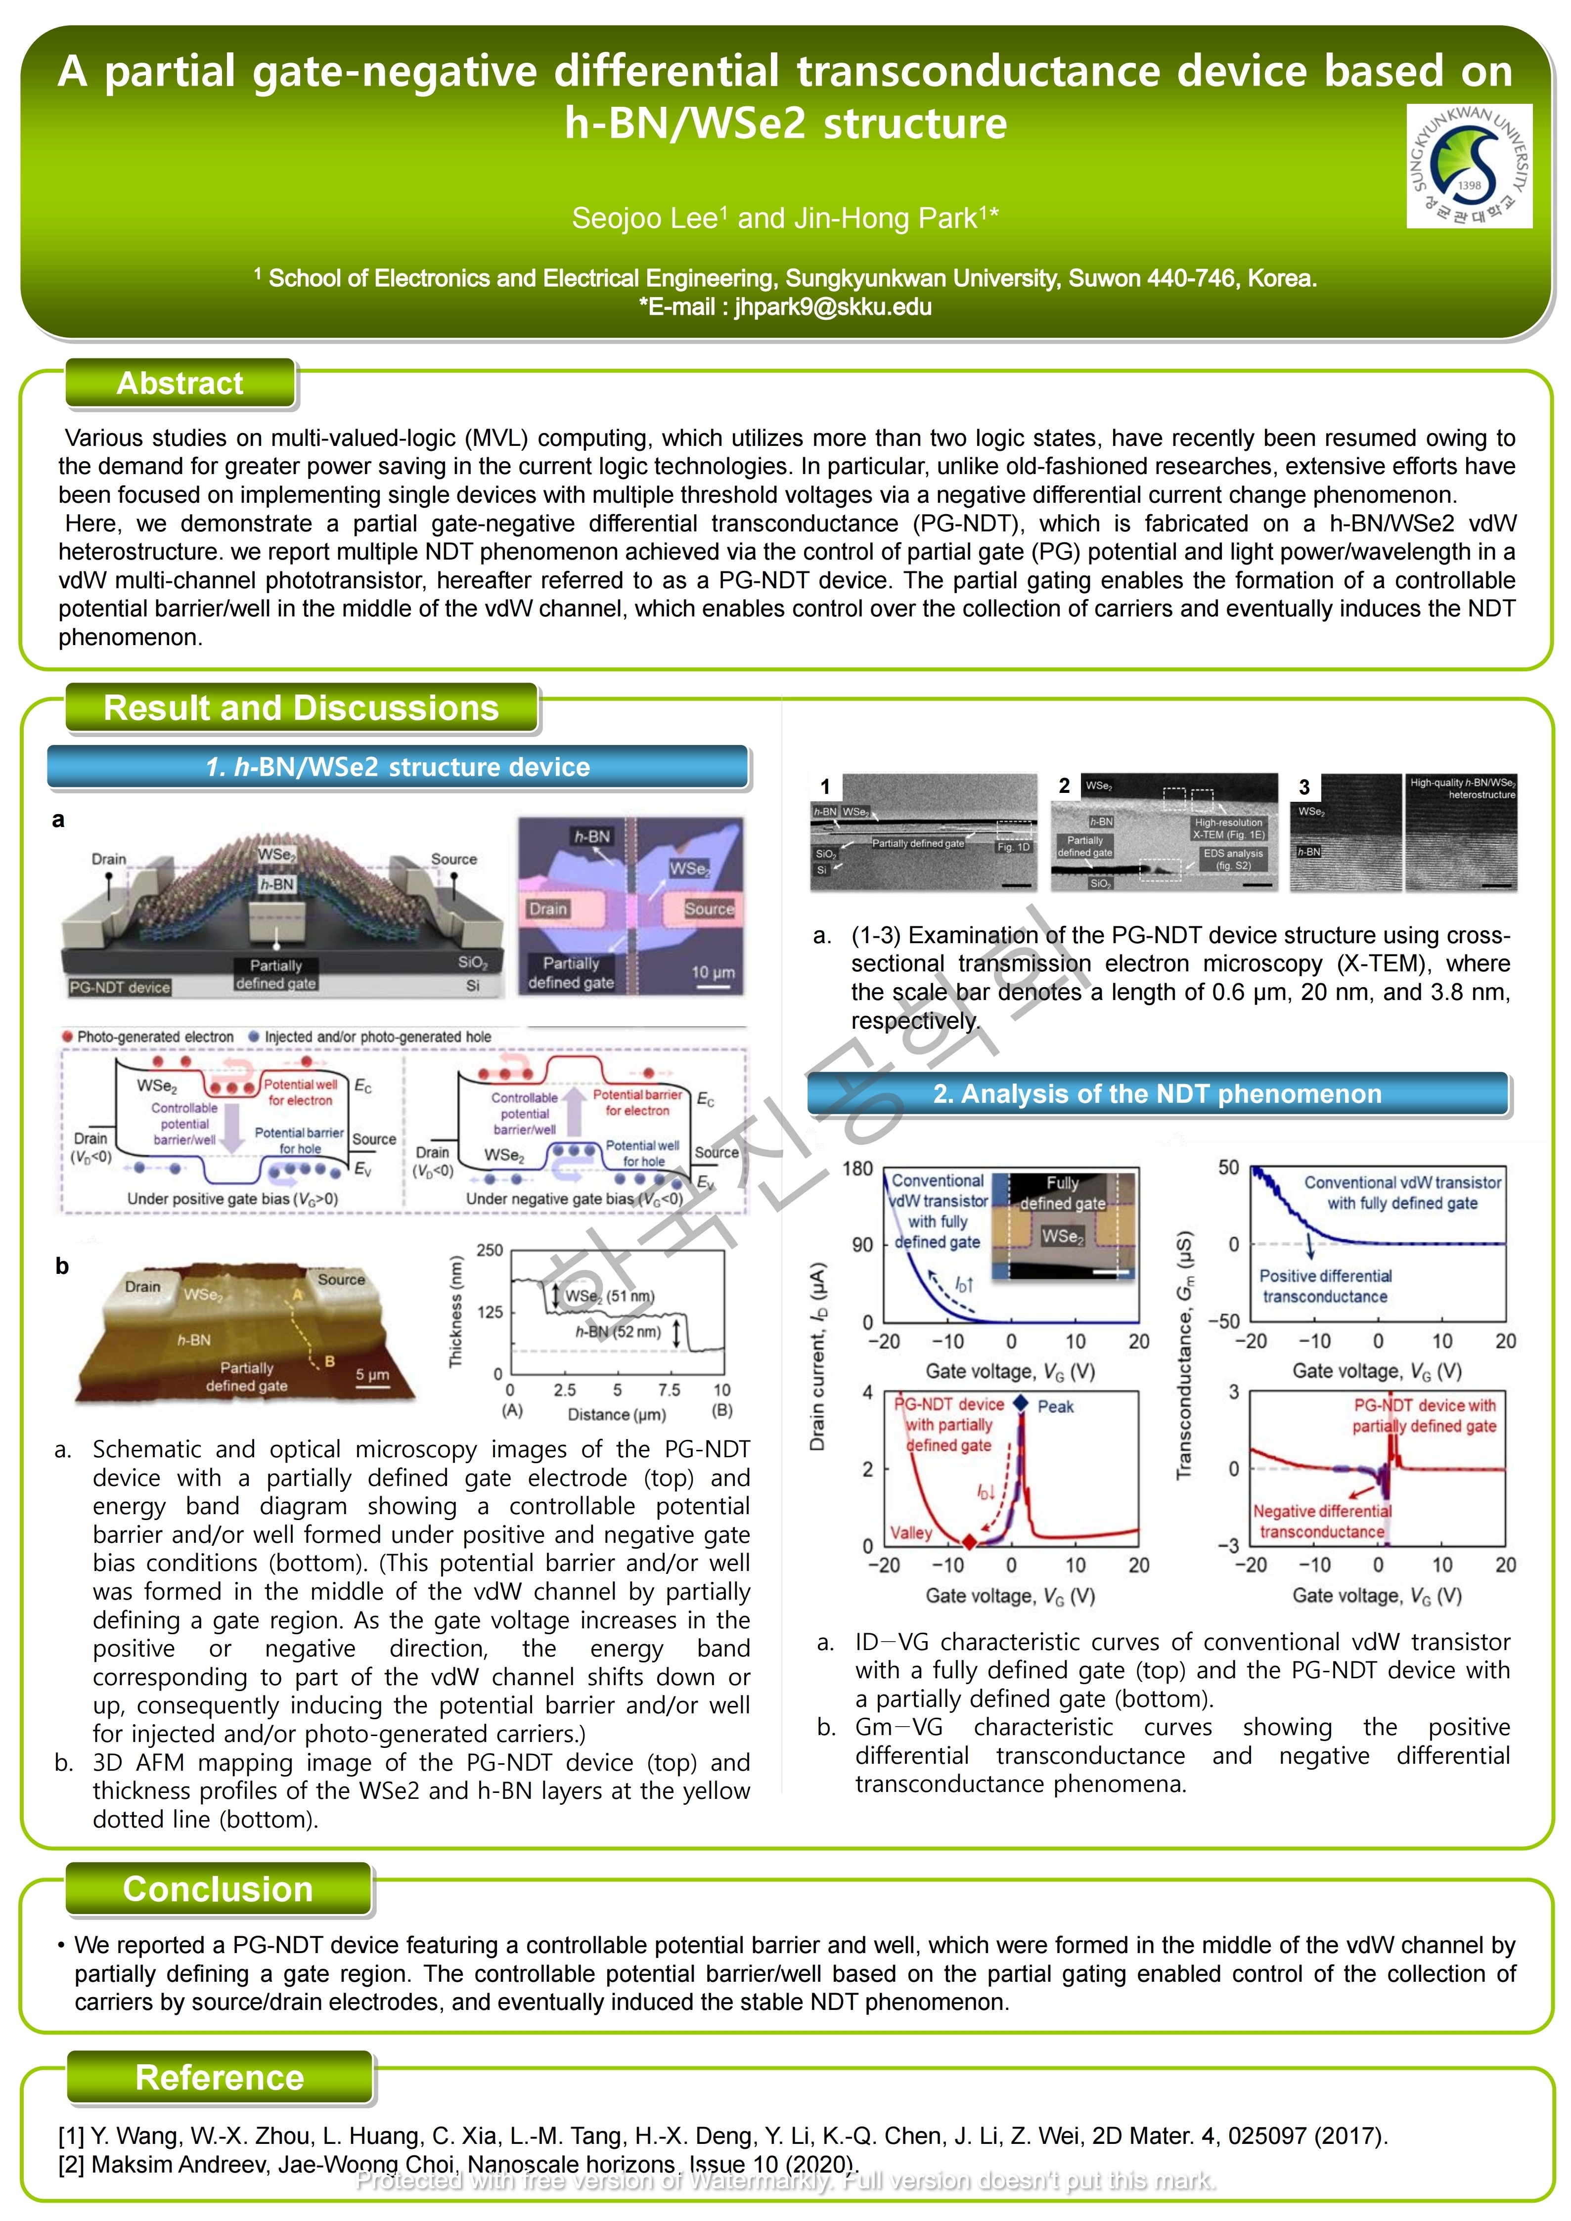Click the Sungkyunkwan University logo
tap(1469, 167)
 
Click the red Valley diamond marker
tap(969, 1542)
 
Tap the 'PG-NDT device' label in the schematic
tap(120, 988)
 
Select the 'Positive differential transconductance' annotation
tap(1325, 1287)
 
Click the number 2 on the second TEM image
tap(1064, 785)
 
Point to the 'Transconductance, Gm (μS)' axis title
tap(1184, 1354)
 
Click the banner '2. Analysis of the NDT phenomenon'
tap(1157, 1094)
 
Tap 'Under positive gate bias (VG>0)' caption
tap(233, 1200)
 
